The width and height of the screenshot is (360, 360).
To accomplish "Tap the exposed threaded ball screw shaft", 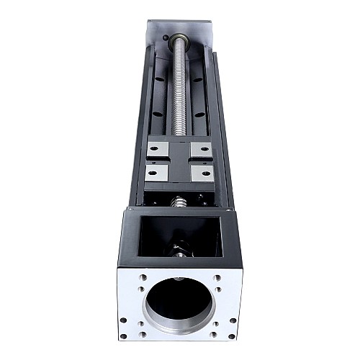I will (179, 94).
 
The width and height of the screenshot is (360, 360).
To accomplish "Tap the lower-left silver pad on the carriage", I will (155, 174).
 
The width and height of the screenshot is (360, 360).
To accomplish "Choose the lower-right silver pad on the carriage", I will (204, 174).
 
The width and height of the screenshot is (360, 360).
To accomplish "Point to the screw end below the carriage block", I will (180, 200).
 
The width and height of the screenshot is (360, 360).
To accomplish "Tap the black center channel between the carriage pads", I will (179, 161).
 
